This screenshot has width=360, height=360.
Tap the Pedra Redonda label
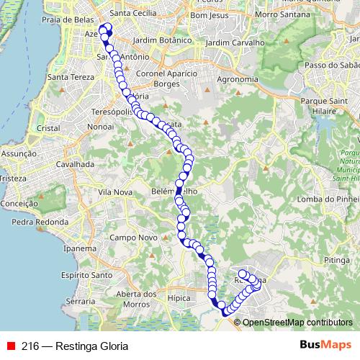35,222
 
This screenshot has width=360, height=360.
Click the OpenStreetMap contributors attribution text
297,323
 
